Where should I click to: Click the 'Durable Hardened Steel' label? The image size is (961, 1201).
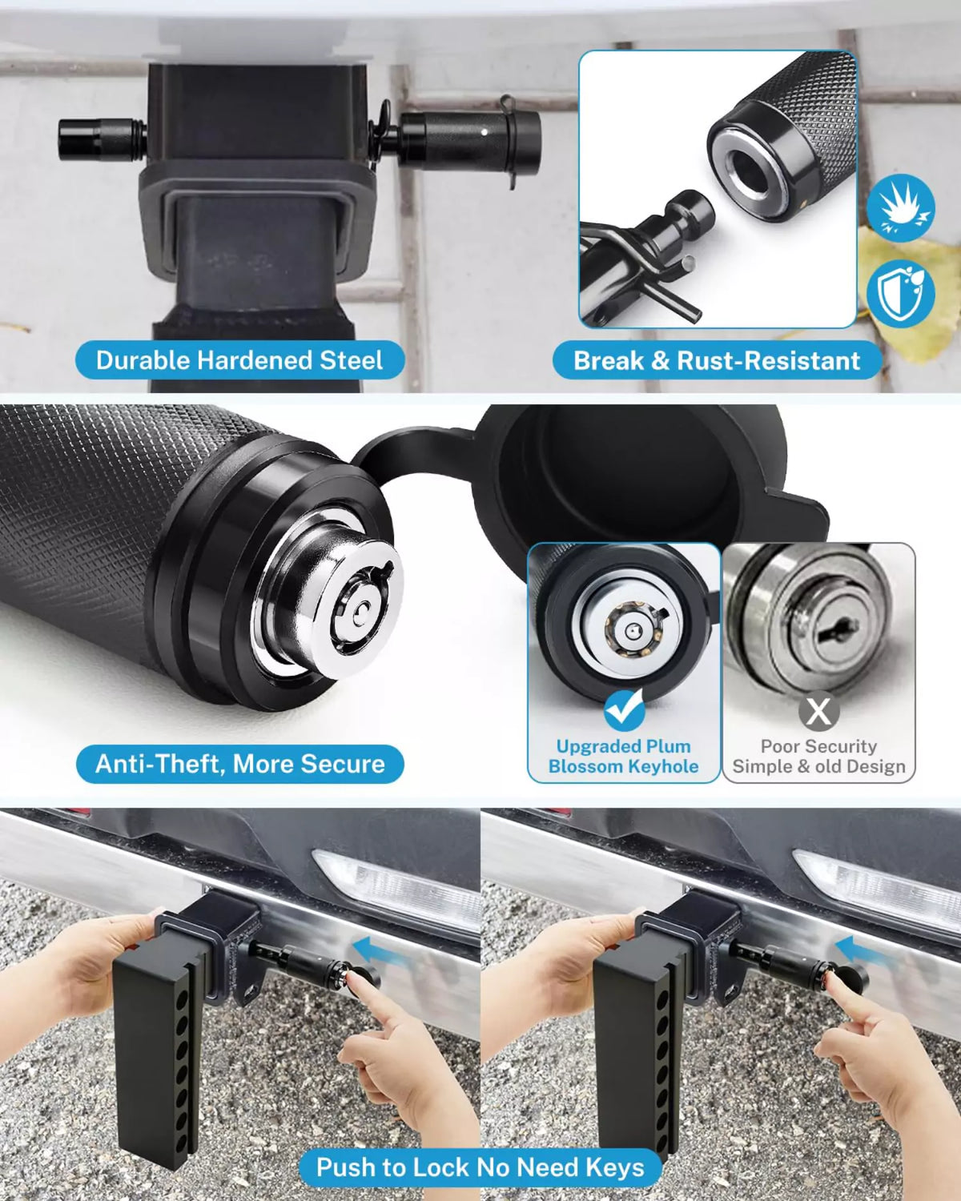point(239,360)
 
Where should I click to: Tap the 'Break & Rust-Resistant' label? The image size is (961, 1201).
point(717,360)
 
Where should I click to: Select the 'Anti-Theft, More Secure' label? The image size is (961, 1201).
point(239,763)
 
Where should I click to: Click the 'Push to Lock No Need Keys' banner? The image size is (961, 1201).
point(480,1167)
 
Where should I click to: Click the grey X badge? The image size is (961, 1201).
point(818,710)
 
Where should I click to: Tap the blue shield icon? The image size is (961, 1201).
point(900,293)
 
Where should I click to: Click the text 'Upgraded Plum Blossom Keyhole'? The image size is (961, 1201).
point(623,756)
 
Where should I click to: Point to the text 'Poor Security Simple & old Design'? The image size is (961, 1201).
point(818,756)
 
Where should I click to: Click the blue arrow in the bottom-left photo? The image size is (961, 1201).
point(377,950)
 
